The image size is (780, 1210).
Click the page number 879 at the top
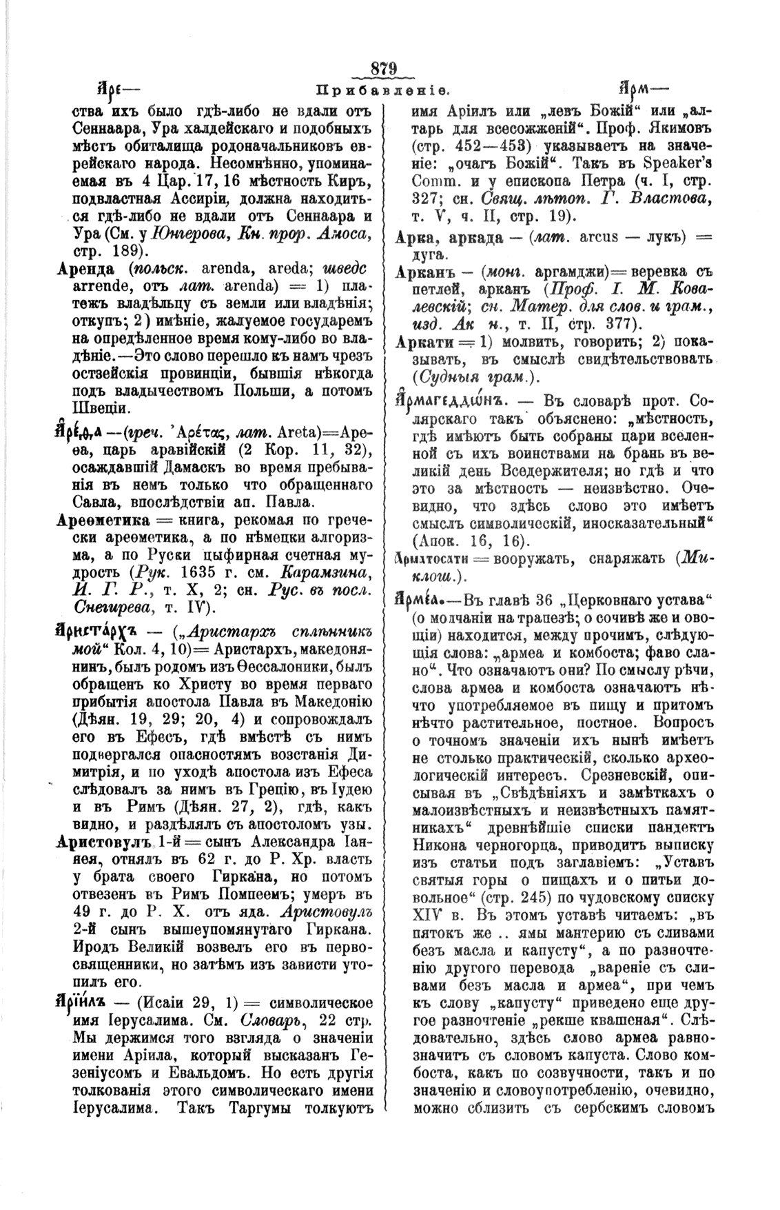[x=384, y=68]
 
